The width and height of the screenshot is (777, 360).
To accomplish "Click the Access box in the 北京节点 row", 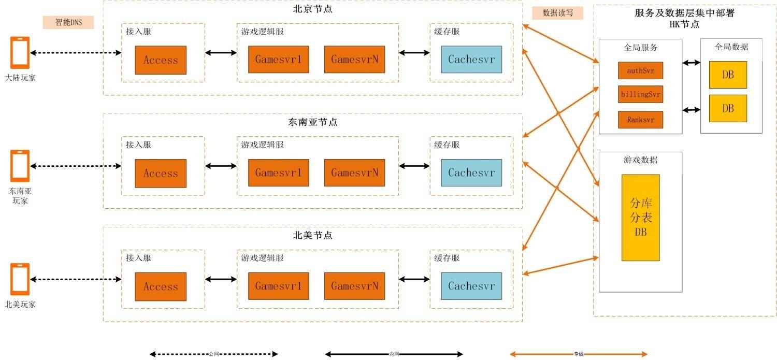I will [x=161, y=60].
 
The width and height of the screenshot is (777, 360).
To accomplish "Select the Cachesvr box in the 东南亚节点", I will [x=471, y=172].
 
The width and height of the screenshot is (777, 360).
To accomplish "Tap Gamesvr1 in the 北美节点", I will [x=278, y=286].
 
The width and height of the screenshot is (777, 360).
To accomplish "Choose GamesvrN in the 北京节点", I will [x=355, y=60].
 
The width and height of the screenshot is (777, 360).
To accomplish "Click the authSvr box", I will [x=640, y=70].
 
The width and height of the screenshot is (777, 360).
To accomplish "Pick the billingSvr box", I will [x=640, y=95].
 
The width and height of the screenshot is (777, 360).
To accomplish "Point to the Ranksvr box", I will [x=640, y=120].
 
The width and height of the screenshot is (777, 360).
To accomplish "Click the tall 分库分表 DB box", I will [x=640, y=218].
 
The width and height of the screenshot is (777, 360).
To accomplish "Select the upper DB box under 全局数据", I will [x=728, y=75].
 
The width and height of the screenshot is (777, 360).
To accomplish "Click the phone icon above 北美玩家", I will [x=20, y=279].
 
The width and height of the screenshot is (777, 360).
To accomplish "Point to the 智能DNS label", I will [x=68, y=22].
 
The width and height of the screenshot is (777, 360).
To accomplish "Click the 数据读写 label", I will [x=557, y=13].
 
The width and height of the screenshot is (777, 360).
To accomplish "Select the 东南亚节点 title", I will [x=312, y=122].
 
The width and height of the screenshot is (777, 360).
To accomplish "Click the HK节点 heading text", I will [x=684, y=24].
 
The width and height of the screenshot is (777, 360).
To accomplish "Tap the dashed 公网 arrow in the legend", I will [x=214, y=354].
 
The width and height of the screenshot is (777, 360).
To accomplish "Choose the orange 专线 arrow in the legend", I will [x=579, y=354].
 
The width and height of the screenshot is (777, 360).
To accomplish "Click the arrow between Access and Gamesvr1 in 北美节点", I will [x=221, y=280].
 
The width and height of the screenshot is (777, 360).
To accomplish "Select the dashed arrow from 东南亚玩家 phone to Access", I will [x=76, y=166].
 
